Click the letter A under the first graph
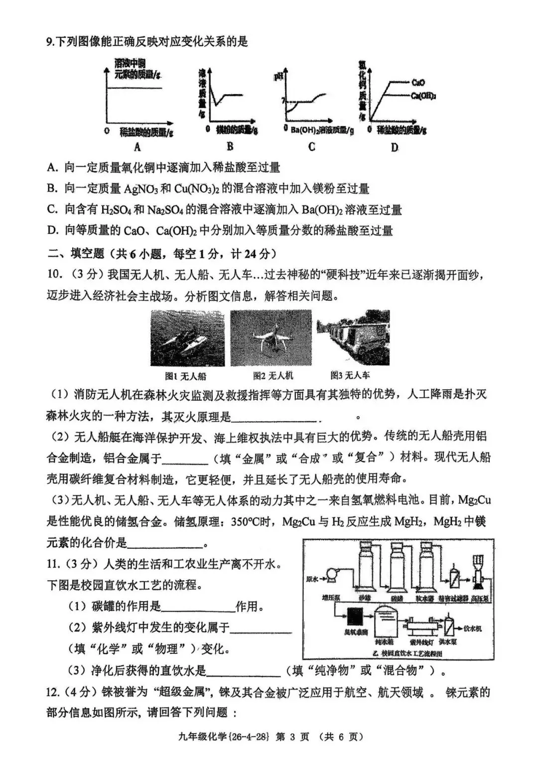[137, 147]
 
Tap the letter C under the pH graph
[311, 147]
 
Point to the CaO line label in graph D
[418, 83]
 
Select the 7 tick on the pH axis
[283, 101]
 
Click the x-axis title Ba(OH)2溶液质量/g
[322, 130]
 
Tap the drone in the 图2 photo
[271, 339]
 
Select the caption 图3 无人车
[350, 375]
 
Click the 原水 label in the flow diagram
[312, 579]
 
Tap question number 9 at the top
[49, 42]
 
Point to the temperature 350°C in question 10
[250, 522]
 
